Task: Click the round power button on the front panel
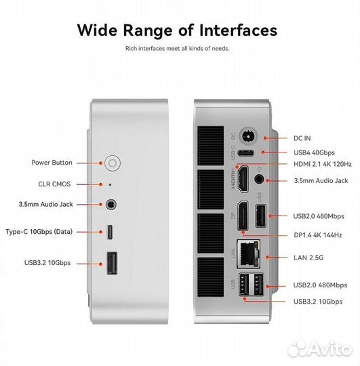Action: coord(113,163)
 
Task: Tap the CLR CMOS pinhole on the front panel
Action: coord(111,184)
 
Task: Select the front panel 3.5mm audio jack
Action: coord(111,205)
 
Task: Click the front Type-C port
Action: coord(110,232)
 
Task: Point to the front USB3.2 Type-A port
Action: coord(112,263)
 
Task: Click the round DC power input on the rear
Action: coord(248,136)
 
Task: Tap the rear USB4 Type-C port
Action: coord(245,153)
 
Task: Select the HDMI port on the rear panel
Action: coord(243,179)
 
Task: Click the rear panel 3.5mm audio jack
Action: coord(259,180)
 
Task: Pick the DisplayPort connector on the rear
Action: coord(243,216)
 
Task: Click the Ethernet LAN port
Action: coord(248,254)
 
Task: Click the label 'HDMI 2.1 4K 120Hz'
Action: coord(323,164)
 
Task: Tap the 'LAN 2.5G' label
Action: coord(308,258)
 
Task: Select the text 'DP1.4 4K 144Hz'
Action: coord(317,235)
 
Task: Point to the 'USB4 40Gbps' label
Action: coord(314,152)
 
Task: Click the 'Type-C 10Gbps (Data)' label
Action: coord(39,232)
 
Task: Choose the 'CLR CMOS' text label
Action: coord(54,184)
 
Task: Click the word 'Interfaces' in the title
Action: coord(238,30)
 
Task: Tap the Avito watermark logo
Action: coord(319,350)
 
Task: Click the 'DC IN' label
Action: coord(302,138)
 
